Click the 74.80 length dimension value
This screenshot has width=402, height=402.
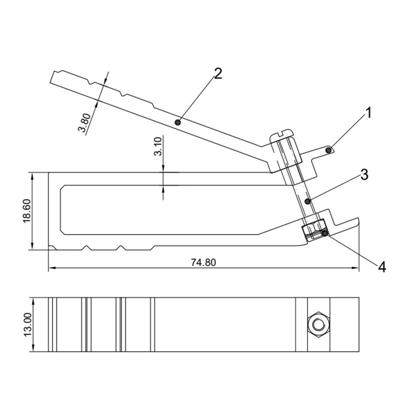click(x=203, y=263)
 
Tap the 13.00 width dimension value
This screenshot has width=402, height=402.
click(x=27, y=325)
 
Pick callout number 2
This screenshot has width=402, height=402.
click(x=217, y=74)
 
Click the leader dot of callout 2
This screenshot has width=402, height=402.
click(x=177, y=122)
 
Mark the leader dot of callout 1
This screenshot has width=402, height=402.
click(x=329, y=150)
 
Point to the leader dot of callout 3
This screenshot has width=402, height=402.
click(x=307, y=201)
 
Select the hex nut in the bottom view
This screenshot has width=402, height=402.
click(x=318, y=325)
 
